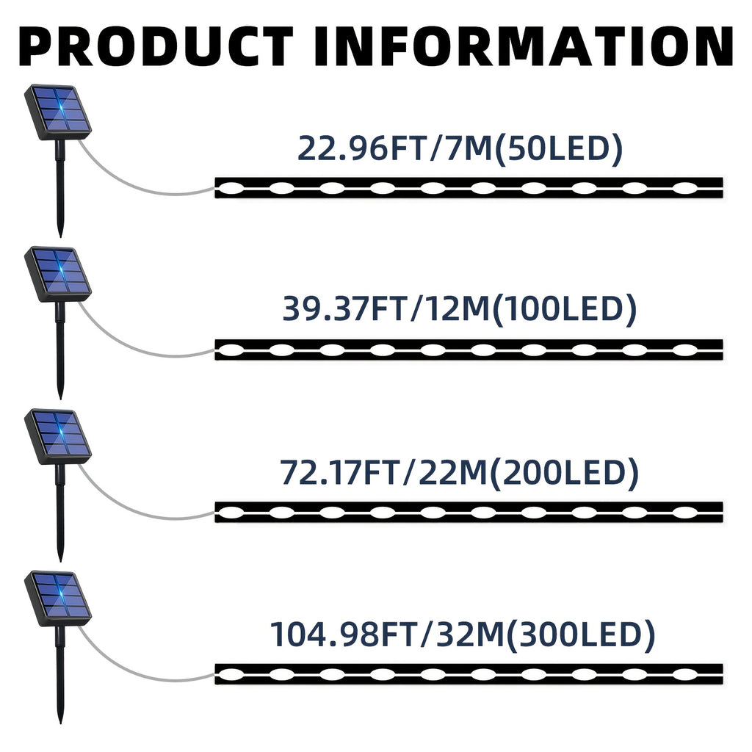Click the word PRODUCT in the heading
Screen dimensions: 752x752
coord(156,46)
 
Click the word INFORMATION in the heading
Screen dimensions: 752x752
coord(524,46)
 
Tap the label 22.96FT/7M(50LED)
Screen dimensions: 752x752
coord(460,148)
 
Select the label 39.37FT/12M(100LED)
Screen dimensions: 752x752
coord(460,308)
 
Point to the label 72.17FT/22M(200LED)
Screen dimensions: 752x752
coord(459,472)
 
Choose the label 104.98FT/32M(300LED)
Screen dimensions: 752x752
coord(463,634)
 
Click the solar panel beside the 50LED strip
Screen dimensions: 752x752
coord(58,112)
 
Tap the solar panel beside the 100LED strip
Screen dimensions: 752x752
coord(58,274)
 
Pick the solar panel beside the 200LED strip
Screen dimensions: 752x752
coord(58,436)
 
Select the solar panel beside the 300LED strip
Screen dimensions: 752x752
coord(58,599)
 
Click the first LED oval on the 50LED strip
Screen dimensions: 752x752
coord(231,188)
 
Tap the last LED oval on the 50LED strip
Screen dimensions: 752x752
coord(685,188)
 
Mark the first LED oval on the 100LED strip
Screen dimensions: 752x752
coord(231,350)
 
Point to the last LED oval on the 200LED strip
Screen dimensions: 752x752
coord(685,512)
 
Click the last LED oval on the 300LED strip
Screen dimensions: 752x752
coord(685,674)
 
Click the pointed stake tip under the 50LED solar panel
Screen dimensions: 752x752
coord(60,236)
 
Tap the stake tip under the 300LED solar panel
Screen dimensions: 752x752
coord(60,722)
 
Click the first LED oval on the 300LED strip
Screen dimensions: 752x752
coord(231,674)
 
